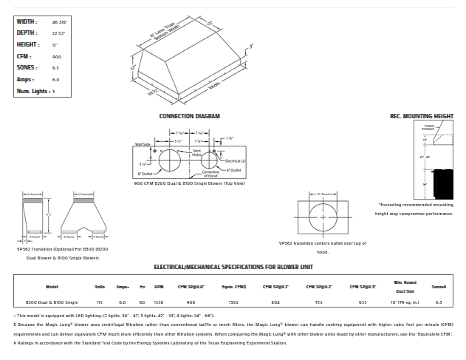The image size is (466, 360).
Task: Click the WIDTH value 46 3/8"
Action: pos(59,21)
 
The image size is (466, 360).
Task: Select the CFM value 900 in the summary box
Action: pos(57,56)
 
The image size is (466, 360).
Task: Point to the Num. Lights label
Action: pos(32,91)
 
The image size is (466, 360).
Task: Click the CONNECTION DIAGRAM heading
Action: pos(190,116)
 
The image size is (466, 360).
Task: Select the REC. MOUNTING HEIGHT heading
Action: pos(421,116)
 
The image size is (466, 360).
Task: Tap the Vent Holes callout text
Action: pos(197,153)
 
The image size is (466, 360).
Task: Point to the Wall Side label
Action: pos(143,145)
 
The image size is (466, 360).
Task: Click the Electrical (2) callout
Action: pos(236,160)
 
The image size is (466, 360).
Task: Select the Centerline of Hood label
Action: pos(215,175)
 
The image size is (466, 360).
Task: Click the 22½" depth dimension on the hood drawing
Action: pos(154,92)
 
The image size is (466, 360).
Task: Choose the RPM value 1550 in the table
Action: pos(159,302)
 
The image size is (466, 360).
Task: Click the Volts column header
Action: pos(100,286)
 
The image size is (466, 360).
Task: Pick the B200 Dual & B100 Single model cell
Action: pos(52,302)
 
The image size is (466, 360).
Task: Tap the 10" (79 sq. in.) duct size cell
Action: pos(403,302)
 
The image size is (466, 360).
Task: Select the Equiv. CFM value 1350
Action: pos(233,302)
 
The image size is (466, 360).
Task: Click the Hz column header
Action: pos(142,286)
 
